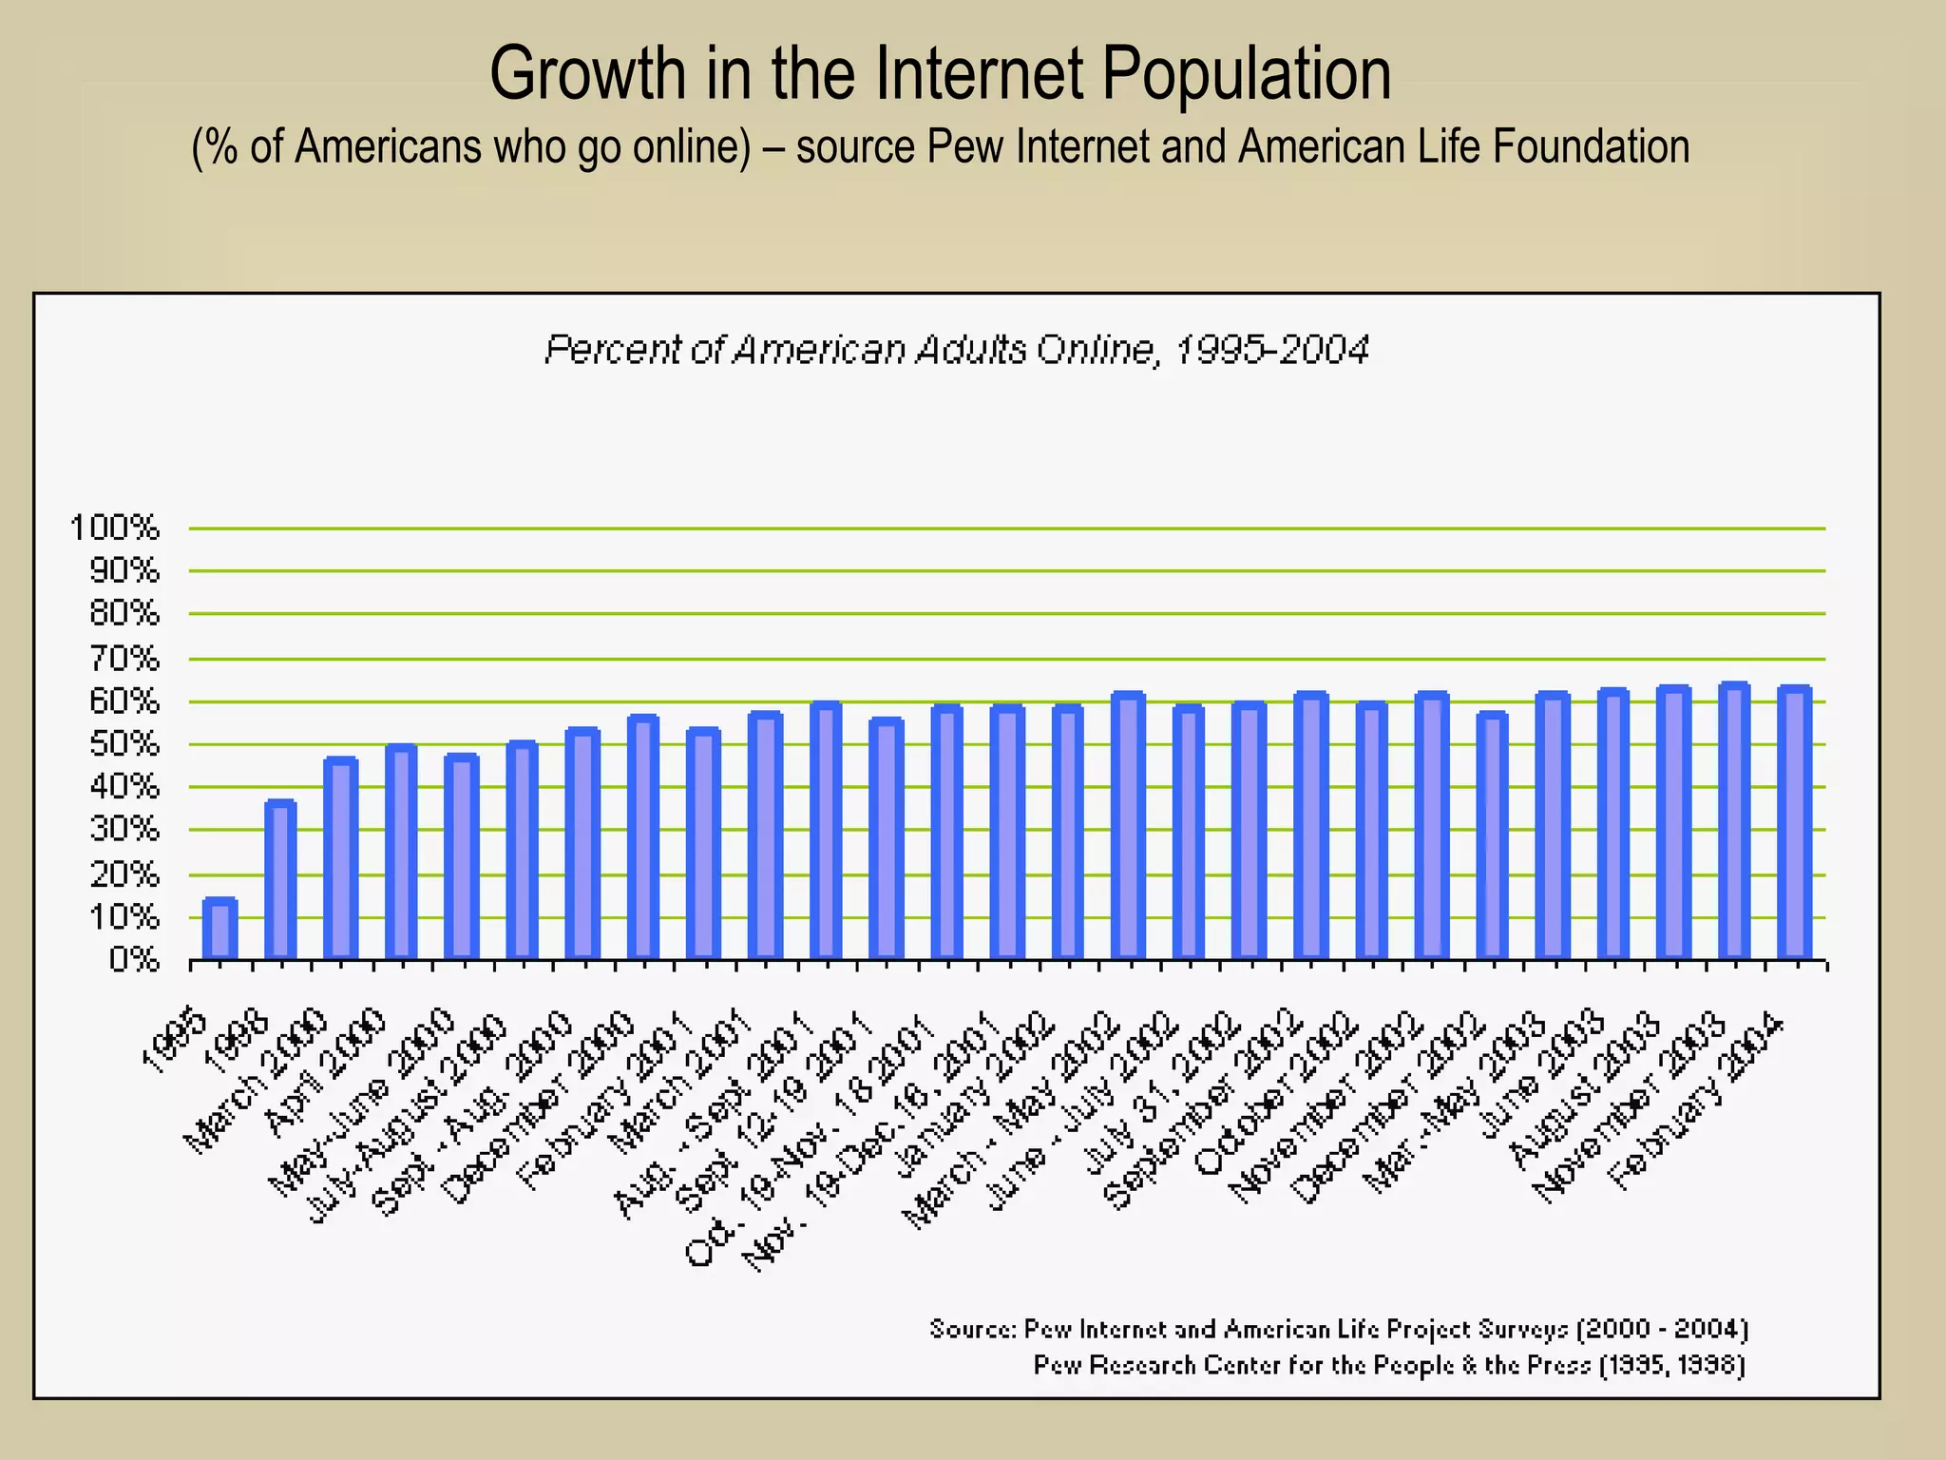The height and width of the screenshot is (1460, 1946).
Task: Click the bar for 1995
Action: click(x=219, y=929)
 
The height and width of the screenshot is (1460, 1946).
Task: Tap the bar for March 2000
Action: click(x=340, y=858)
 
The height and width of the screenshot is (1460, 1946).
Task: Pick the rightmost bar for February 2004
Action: click(x=1794, y=822)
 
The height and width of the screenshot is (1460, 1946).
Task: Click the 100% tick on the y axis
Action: click(x=114, y=528)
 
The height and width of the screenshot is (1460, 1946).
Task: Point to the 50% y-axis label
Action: click(x=124, y=744)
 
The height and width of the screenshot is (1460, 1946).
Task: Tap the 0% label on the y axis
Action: click(x=133, y=961)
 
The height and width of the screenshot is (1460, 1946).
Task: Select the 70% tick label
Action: click(x=124, y=658)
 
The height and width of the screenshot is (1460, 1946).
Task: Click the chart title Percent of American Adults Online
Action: click(x=956, y=350)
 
